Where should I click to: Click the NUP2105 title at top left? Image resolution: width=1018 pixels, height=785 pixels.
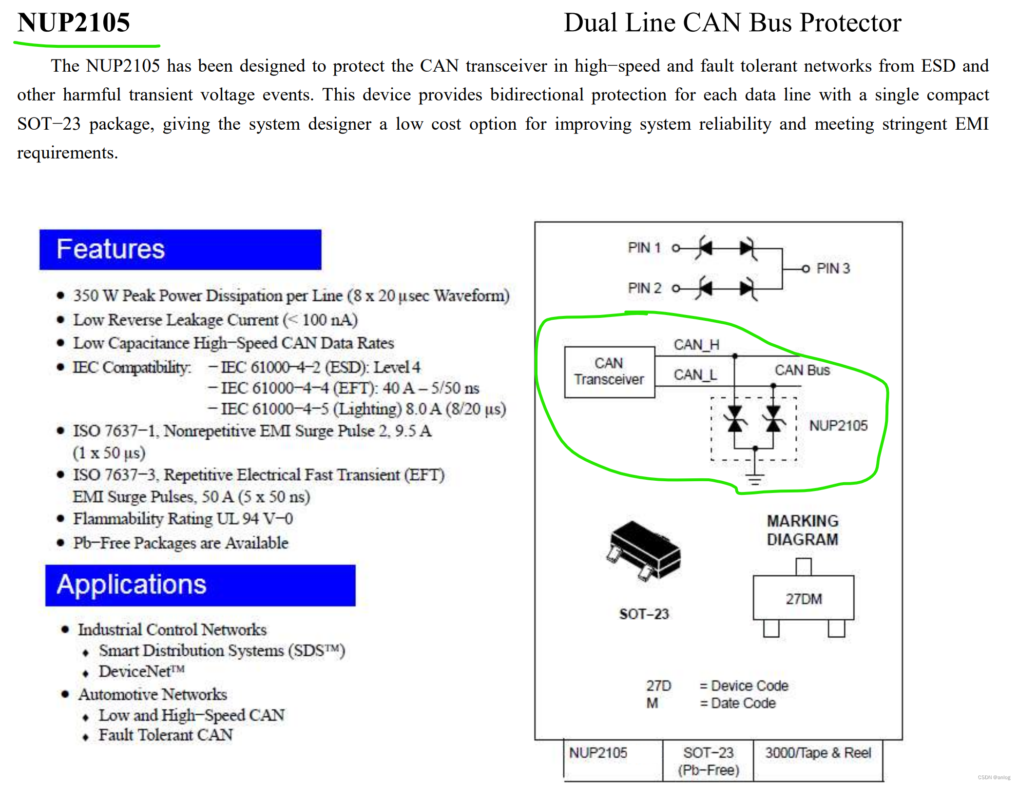pyautogui.click(x=74, y=22)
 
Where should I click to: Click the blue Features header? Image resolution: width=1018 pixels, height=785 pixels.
pyautogui.click(x=180, y=249)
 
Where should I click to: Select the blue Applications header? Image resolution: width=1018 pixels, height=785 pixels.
pyautogui.click(x=200, y=585)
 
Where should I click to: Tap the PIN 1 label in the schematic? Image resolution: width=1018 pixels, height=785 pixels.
pyautogui.click(x=644, y=248)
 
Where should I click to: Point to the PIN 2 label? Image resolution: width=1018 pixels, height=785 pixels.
pyautogui.click(x=644, y=288)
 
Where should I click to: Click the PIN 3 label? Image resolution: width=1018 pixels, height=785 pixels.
pyautogui.click(x=833, y=268)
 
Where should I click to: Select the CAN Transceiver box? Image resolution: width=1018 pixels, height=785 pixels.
pyautogui.click(x=610, y=372)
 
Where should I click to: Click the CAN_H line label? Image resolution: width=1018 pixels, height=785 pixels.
pyautogui.click(x=696, y=345)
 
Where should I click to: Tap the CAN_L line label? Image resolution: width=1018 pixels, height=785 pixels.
pyautogui.click(x=695, y=375)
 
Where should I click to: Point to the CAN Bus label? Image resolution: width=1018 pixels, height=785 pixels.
pyautogui.click(x=802, y=370)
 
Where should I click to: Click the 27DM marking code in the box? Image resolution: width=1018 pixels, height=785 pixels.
pyautogui.click(x=804, y=599)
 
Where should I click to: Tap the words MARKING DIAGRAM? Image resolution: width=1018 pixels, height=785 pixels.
pyautogui.click(x=803, y=530)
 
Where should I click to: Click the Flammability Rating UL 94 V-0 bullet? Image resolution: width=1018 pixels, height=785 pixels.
pyautogui.click(x=183, y=519)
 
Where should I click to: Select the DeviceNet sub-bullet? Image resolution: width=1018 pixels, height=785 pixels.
pyautogui.click(x=142, y=671)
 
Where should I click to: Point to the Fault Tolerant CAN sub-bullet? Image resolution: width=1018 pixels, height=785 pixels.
pyautogui.click(x=166, y=735)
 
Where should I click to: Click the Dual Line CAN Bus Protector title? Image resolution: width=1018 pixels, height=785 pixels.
pyautogui.click(x=732, y=22)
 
